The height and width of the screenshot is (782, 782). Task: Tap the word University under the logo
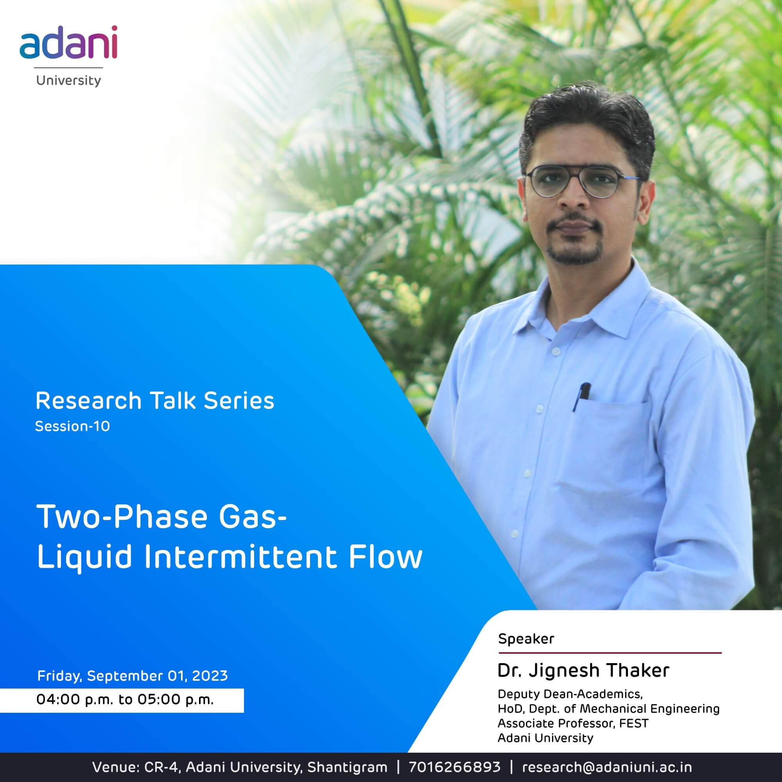pos(68,81)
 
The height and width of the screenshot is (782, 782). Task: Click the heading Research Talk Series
pos(155,401)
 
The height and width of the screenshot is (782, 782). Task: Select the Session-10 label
pos(72,426)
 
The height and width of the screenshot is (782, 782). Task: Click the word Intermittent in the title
pos(240,557)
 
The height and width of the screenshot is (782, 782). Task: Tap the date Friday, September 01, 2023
pos(133,676)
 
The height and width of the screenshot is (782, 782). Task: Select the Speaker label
pos(526,639)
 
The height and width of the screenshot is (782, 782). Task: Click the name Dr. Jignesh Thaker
pos(583,670)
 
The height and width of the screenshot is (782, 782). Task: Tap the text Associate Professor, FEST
pos(573,723)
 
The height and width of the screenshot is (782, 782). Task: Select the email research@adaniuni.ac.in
pos(607,767)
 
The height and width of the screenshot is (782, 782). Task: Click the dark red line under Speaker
pos(610,653)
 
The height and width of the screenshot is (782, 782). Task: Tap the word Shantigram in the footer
pos(347,767)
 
